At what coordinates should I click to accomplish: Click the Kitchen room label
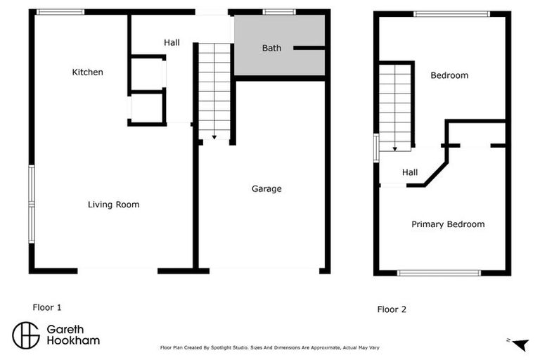88,72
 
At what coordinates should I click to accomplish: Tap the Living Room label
113,205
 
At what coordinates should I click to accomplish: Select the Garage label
266,188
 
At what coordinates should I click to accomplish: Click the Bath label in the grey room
272,49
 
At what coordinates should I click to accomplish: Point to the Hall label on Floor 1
172,43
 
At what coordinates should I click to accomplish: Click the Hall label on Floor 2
410,172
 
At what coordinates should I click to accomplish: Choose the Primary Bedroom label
448,224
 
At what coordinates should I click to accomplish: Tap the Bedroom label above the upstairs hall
449,75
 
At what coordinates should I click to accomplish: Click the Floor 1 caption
47,307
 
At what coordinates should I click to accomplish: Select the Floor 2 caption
392,309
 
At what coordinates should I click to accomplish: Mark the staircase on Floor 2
394,105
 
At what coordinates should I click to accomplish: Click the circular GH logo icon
26,335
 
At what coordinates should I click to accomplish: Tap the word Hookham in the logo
73,340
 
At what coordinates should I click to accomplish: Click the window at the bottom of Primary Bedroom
439,273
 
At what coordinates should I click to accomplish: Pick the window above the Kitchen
60,11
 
